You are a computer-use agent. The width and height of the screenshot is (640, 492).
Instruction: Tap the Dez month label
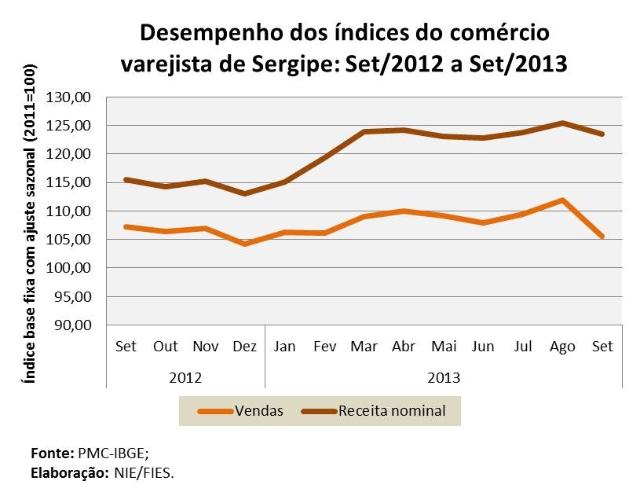tap(245, 347)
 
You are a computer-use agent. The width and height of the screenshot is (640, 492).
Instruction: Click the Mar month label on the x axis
tap(364, 347)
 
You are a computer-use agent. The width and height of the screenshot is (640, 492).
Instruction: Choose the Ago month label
tap(562, 347)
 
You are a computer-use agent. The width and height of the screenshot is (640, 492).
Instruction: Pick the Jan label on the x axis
tap(284, 347)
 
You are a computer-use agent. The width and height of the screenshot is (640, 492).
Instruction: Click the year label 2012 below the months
tap(185, 376)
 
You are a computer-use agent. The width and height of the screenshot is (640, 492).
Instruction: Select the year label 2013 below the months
tap(444, 376)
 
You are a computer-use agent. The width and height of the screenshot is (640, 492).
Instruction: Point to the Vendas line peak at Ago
tap(563, 200)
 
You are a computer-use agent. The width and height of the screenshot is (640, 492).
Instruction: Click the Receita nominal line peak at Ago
tap(563, 123)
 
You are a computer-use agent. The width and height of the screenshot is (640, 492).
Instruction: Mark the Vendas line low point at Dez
tap(245, 244)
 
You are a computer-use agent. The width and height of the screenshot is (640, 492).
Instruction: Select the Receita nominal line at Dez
tap(245, 193)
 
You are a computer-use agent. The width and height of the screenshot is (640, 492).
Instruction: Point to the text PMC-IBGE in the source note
tap(108, 454)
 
